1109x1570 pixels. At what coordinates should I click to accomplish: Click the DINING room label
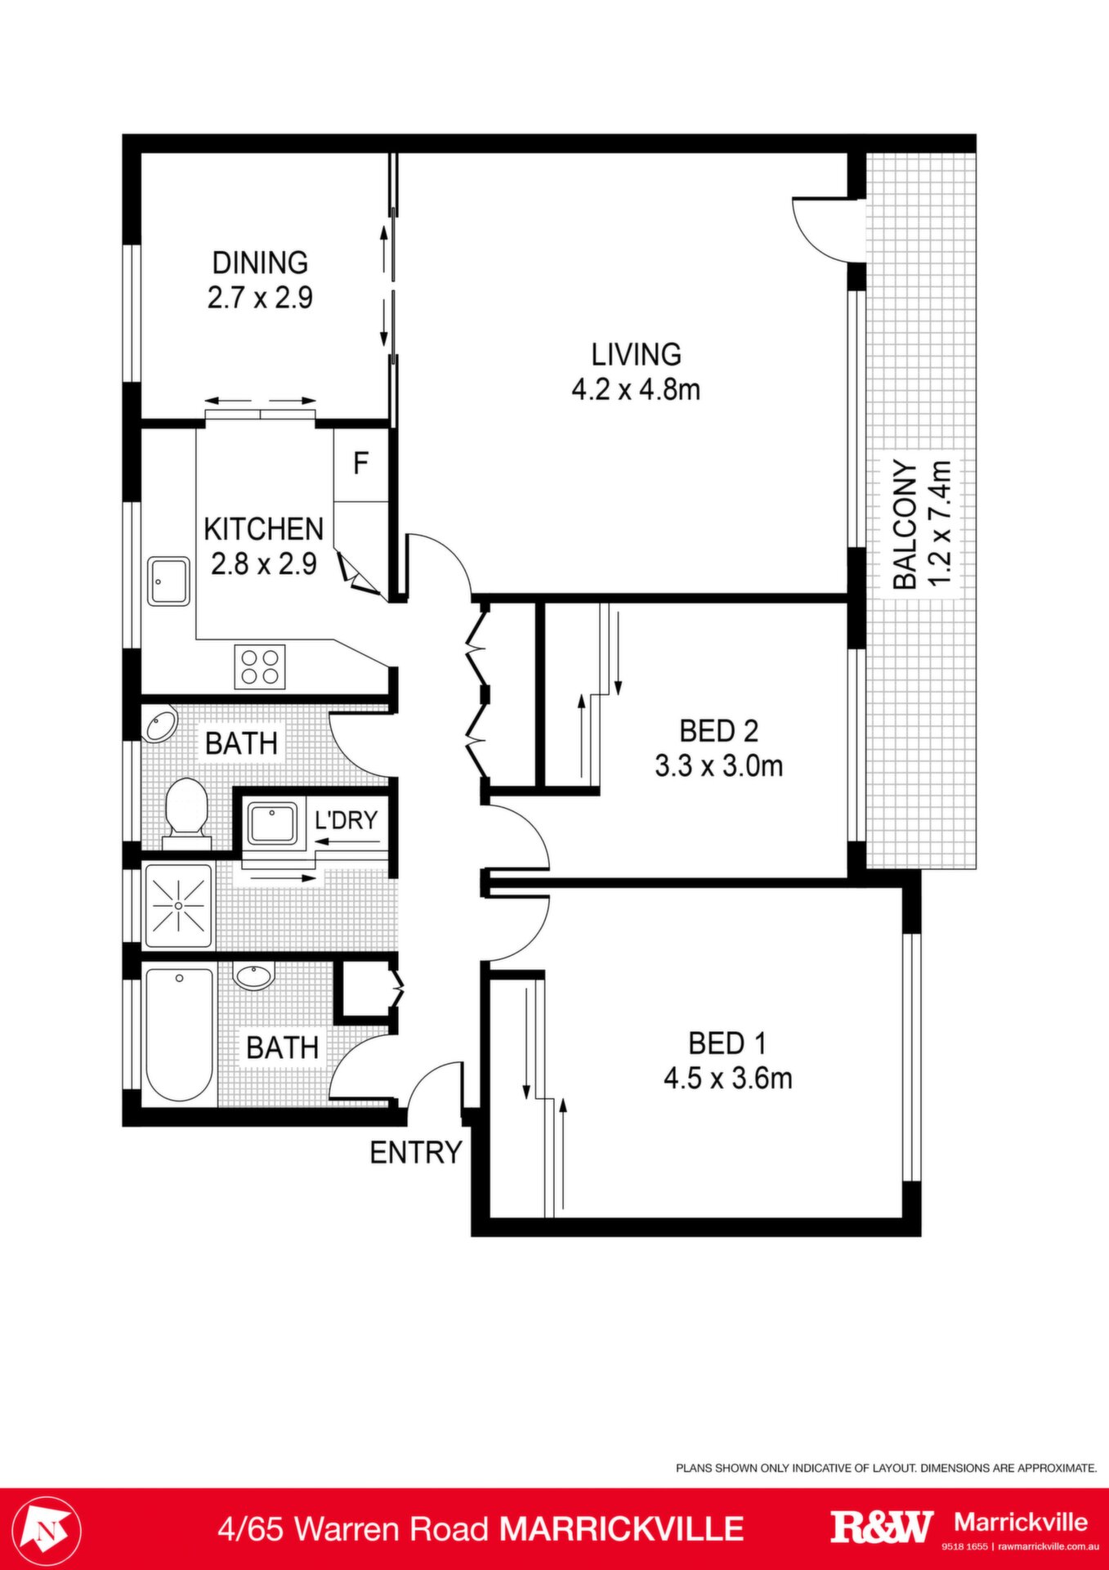click(260, 262)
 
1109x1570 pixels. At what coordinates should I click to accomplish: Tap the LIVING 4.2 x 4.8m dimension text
click(636, 389)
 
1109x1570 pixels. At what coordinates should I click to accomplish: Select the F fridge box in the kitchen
click(360, 464)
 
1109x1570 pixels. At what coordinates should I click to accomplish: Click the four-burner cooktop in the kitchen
click(260, 666)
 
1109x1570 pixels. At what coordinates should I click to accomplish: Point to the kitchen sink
click(168, 581)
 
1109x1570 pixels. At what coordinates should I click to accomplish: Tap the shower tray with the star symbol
click(178, 906)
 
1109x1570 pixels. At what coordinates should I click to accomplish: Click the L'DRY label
click(347, 819)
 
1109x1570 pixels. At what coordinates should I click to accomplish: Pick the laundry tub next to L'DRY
click(273, 823)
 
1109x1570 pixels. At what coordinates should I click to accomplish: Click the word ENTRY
click(416, 1152)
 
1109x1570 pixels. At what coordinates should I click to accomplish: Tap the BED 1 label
click(727, 1043)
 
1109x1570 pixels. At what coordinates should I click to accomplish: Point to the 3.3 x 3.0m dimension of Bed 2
click(719, 766)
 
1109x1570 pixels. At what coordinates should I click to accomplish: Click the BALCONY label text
click(905, 524)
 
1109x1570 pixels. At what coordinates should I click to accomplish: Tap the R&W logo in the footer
click(882, 1527)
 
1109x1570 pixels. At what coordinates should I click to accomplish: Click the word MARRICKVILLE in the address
click(622, 1529)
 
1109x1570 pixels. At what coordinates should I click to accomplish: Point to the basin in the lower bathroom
click(254, 976)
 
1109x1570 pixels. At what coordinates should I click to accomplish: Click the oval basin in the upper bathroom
click(160, 725)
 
